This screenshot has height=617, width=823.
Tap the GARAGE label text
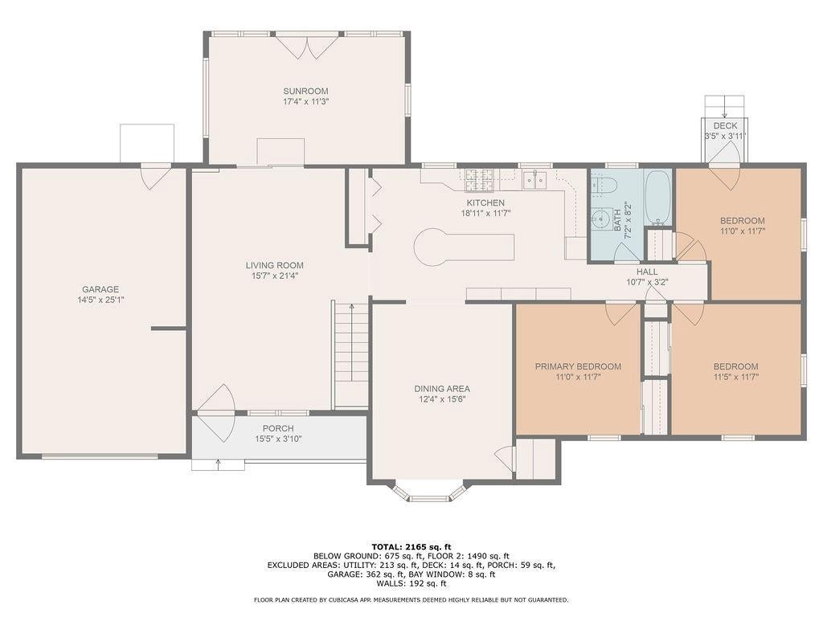100,289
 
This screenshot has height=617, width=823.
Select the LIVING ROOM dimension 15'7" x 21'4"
275,276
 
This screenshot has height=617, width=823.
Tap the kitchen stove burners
480,179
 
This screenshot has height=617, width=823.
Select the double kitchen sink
534,179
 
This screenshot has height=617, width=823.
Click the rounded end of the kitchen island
432,247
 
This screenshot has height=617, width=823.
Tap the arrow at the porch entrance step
219,464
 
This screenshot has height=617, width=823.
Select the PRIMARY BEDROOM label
578,366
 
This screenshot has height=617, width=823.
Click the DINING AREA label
442,389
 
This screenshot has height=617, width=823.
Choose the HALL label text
647,272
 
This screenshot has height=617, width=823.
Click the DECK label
725,126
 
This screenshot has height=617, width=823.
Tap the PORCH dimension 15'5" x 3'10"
278,439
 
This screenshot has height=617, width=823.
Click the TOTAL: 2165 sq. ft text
411,546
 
